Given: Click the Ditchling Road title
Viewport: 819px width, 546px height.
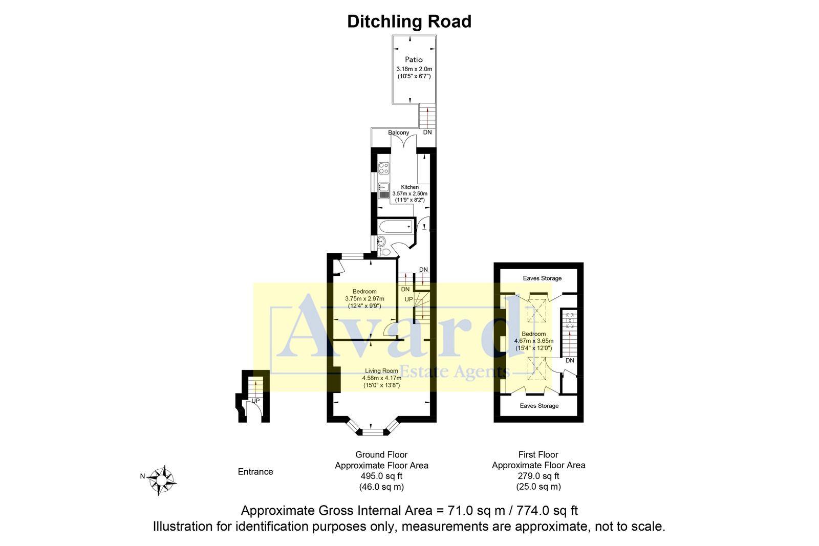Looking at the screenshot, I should click(x=409, y=21).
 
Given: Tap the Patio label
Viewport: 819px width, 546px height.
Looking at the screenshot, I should click(x=414, y=59).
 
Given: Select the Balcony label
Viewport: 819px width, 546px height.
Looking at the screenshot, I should click(x=398, y=133).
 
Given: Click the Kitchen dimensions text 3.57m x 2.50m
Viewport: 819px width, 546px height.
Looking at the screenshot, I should click(x=409, y=193).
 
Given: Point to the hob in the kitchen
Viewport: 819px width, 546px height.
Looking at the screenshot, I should click(x=383, y=167).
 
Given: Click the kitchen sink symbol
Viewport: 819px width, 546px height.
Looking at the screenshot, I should click(x=383, y=190).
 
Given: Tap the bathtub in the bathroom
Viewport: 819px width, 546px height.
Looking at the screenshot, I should click(x=395, y=226).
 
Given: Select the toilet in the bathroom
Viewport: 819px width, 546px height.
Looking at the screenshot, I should click(x=384, y=252).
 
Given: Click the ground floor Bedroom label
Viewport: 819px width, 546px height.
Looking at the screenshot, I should click(x=364, y=292).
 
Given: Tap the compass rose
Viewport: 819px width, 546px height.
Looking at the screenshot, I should click(x=162, y=480).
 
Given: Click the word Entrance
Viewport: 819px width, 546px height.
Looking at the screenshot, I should click(x=255, y=472).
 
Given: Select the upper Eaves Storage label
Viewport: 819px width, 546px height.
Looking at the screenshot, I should click(x=542, y=278).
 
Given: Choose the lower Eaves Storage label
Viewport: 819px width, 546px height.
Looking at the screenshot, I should click(x=539, y=406).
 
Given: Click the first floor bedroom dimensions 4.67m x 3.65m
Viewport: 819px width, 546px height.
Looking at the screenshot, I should click(x=533, y=341).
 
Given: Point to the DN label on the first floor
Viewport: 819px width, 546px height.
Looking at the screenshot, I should click(x=570, y=361).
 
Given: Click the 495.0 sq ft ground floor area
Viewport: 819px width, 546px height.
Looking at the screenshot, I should click(x=381, y=476).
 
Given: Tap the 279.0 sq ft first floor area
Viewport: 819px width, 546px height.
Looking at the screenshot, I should click(x=538, y=476).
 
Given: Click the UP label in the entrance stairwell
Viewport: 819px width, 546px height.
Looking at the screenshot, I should click(x=255, y=401).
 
